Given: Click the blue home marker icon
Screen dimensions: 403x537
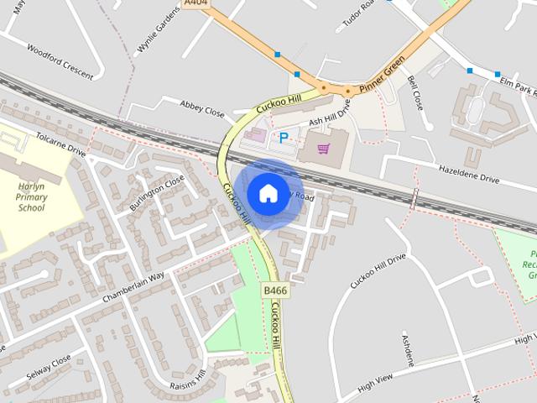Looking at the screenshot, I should tap(268, 193).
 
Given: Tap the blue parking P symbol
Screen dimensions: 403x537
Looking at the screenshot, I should tap(284, 137).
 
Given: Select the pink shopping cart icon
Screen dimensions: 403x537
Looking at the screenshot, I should tap(323, 149).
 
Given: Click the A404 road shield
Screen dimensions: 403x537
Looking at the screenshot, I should tap(196, 3).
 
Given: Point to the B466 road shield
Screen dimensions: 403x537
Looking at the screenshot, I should tap(274, 290).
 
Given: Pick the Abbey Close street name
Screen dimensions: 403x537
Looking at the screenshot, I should tap(203, 108).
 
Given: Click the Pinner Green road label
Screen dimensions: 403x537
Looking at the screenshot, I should tap(382, 75).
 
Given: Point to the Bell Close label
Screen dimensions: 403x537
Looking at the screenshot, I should tap(414, 94).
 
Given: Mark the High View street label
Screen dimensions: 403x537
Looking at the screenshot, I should tap(374, 384).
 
